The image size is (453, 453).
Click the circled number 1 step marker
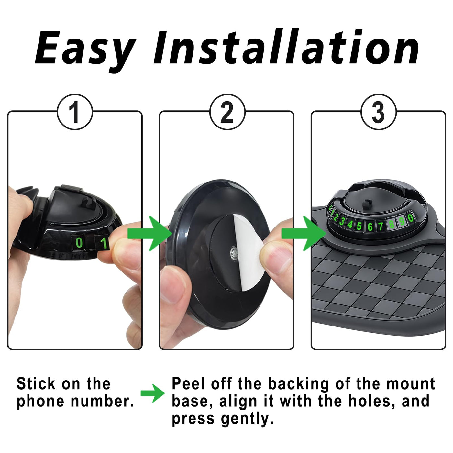point(75,112)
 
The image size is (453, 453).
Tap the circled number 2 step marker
point(227,112)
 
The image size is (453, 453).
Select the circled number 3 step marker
point(379,112)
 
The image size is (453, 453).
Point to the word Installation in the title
point(286,47)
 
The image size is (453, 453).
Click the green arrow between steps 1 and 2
point(149,234)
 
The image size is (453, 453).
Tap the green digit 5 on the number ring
point(359,226)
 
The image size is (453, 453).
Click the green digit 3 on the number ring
point(342,221)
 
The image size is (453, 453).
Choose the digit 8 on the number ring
point(392,224)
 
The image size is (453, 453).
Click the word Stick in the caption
point(36,384)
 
